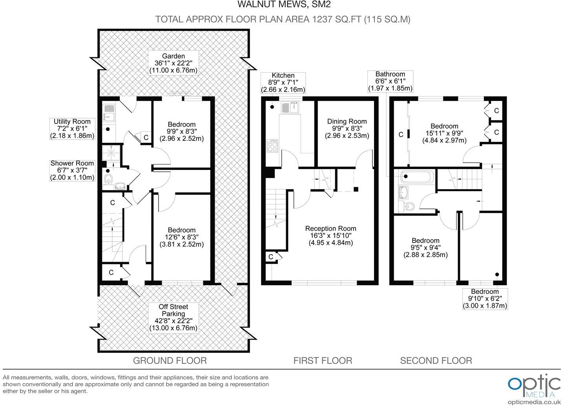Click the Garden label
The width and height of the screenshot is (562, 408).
coord(173,56)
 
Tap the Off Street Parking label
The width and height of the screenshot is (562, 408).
coord(173,310)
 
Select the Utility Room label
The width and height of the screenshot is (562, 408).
coord(72,122)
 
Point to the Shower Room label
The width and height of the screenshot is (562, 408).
coord(72,163)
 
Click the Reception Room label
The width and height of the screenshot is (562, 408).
coord(330,228)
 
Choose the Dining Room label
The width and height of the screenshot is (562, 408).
coord(347,121)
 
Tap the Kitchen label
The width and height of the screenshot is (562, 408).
coord(283,75)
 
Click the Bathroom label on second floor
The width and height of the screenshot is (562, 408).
coord(390,74)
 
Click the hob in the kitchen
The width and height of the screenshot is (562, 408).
coord(272,146)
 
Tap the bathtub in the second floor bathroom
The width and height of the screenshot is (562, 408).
coord(416,177)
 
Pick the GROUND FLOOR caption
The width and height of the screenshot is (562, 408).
coord(170,360)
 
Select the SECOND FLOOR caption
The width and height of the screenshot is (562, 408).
coord(436,360)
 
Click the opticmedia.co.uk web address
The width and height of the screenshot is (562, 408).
coord(534,402)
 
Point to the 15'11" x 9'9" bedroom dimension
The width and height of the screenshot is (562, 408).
coord(444,133)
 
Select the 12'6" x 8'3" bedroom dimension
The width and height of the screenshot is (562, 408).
coord(181,237)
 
